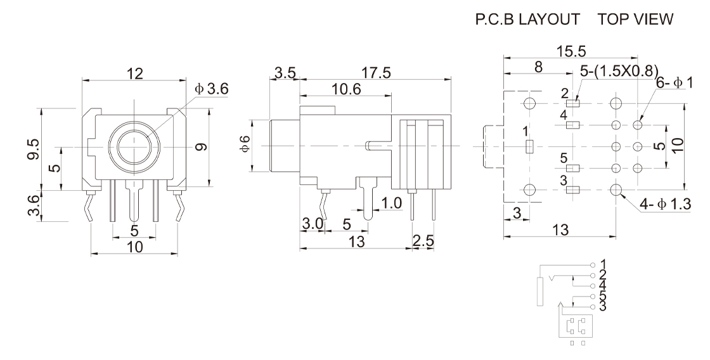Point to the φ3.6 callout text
click(212, 89)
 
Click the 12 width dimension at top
click(133, 74)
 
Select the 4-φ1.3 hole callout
click(666, 203)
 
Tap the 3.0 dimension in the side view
click(313, 224)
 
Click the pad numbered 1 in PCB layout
click(530, 147)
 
